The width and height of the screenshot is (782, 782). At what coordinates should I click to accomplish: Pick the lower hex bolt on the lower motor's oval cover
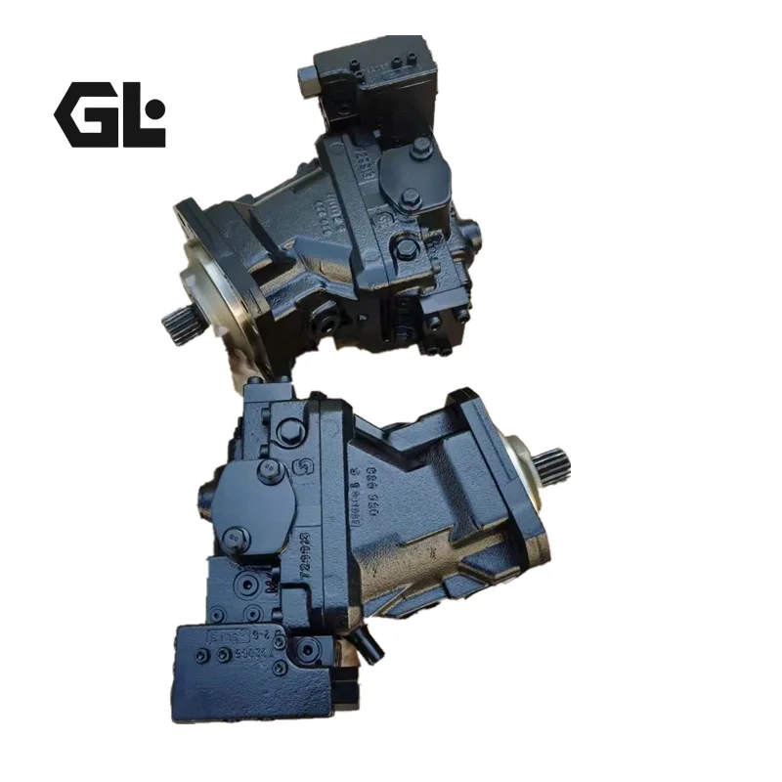click(232, 538)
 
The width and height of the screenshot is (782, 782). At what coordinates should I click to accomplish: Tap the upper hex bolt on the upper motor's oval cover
click(421, 146)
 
